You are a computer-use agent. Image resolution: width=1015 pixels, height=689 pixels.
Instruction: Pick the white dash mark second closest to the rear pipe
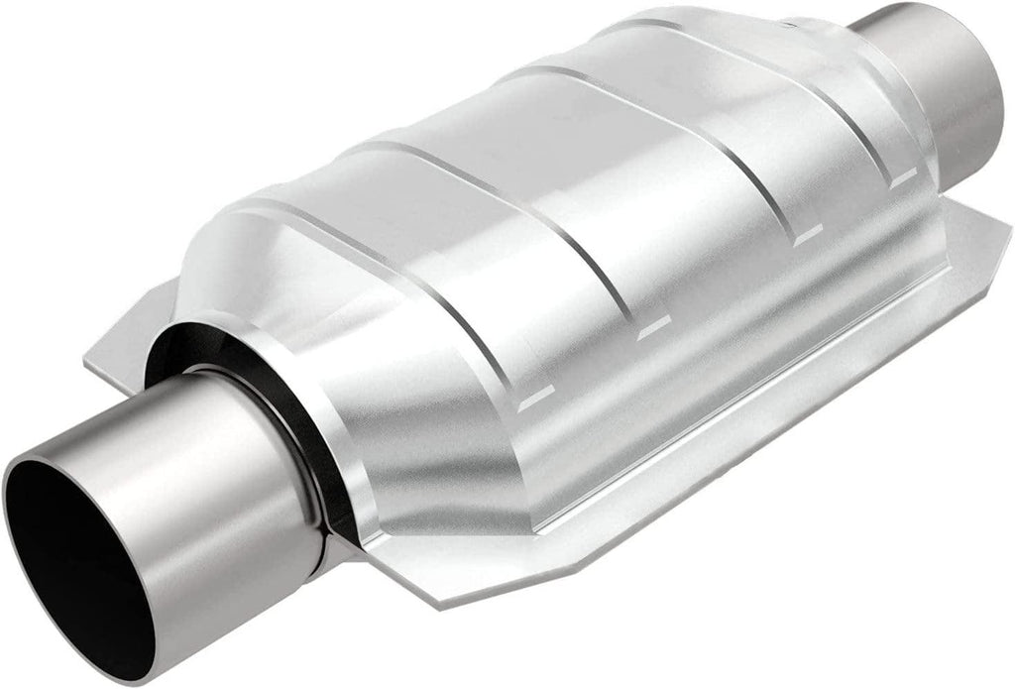[808, 235]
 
